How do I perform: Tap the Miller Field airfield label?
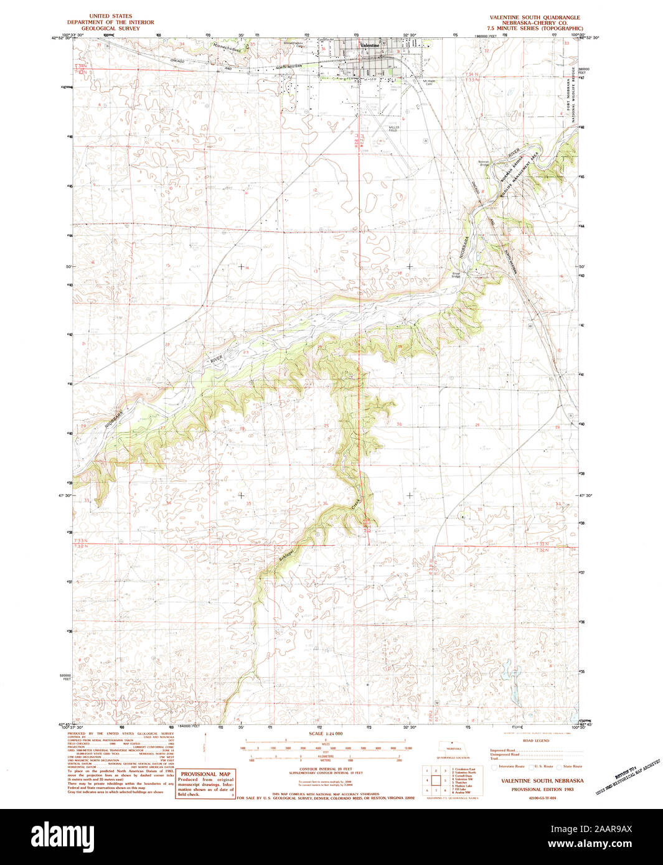pyautogui.click(x=393, y=129)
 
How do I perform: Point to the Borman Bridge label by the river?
pyautogui.click(x=484, y=163)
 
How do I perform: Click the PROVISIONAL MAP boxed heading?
pyautogui.click(x=205, y=774)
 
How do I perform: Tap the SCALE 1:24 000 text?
pyautogui.click(x=326, y=734)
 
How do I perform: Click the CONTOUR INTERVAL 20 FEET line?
pyautogui.click(x=325, y=769)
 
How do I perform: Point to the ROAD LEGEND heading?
pyautogui.click(x=535, y=741)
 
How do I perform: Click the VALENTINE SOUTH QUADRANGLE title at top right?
pyautogui.click(x=535, y=17)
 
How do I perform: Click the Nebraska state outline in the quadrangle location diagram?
pyautogui.click(x=453, y=749)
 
